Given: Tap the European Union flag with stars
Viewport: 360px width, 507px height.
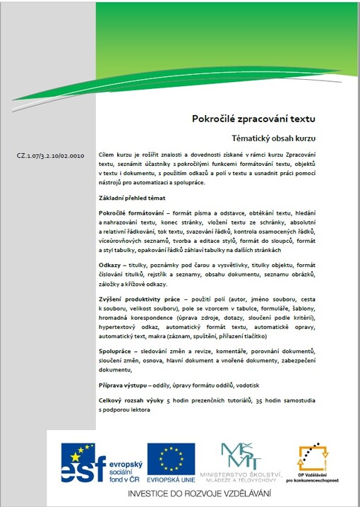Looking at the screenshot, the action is pos(171,458).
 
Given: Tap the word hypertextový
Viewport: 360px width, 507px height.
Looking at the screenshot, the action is pos(123,329).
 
